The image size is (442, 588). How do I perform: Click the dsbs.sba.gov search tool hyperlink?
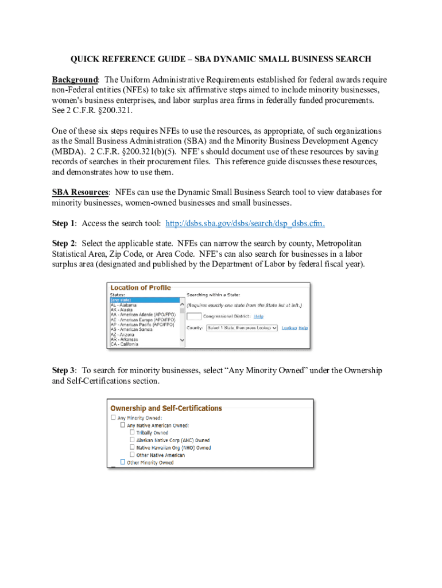pos(249,223)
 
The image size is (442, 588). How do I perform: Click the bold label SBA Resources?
pos(80,192)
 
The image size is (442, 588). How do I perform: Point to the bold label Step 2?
pos(64,243)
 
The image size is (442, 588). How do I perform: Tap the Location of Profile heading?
pos(141,288)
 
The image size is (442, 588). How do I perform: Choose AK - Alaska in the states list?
pos(122,310)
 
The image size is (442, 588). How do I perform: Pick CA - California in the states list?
pos(124,344)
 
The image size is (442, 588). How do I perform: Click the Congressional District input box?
pos(194,316)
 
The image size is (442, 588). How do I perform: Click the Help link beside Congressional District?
pos(258,316)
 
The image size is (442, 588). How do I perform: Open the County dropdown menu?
pos(242,328)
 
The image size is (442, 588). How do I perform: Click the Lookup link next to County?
pos(289,328)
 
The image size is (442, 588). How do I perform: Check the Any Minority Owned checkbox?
pos(113,418)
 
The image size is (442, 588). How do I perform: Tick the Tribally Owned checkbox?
pos(132,432)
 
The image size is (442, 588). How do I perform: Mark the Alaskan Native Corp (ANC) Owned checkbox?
pos(132,440)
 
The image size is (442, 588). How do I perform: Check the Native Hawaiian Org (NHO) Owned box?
pos(132,447)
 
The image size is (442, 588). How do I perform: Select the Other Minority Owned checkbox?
pos(122,462)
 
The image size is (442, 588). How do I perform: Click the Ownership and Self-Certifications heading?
pos(166,408)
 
